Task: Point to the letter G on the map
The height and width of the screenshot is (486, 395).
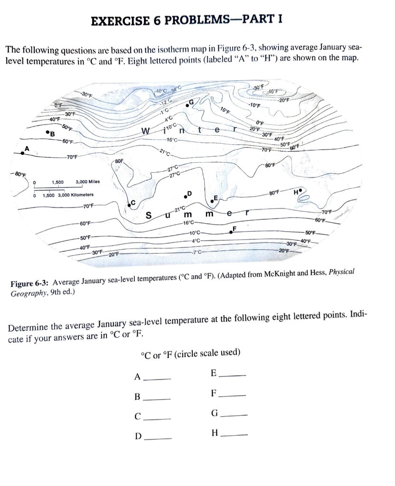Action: (191, 102)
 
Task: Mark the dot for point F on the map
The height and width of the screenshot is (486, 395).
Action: (231, 232)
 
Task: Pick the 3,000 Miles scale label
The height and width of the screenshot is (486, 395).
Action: (87, 182)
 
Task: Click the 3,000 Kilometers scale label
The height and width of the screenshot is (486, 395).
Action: (68, 195)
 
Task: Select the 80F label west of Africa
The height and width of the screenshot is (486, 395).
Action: (119, 162)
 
